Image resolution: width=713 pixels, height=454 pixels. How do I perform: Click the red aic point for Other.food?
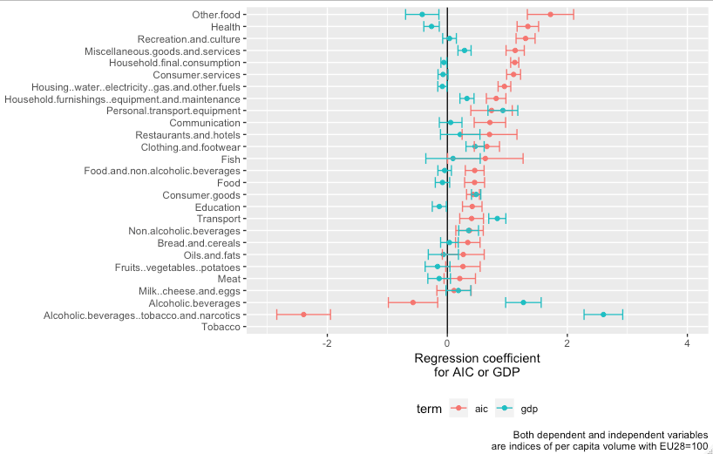click(550, 14)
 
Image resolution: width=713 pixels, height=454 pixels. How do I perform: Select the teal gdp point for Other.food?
click(422, 14)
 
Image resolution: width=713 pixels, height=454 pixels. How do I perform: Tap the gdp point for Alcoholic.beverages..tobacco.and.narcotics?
click(603, 315)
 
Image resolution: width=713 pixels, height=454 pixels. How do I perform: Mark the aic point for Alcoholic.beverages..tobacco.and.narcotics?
click(303, 315)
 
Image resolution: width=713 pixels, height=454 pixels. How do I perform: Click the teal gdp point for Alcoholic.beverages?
click(523, 302)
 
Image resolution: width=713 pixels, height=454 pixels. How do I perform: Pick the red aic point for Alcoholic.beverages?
click(413, 302)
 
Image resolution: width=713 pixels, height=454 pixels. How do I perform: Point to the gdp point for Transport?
click(497, 219)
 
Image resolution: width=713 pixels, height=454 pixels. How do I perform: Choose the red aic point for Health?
click(527, 26)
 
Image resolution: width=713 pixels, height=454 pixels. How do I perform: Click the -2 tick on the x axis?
click(327, 343)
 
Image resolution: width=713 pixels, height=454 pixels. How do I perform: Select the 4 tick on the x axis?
click(688, 343)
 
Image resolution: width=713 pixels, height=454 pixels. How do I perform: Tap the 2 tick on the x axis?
click(567, 343)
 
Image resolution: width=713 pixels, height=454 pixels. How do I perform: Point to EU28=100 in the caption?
click(680, 446)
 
